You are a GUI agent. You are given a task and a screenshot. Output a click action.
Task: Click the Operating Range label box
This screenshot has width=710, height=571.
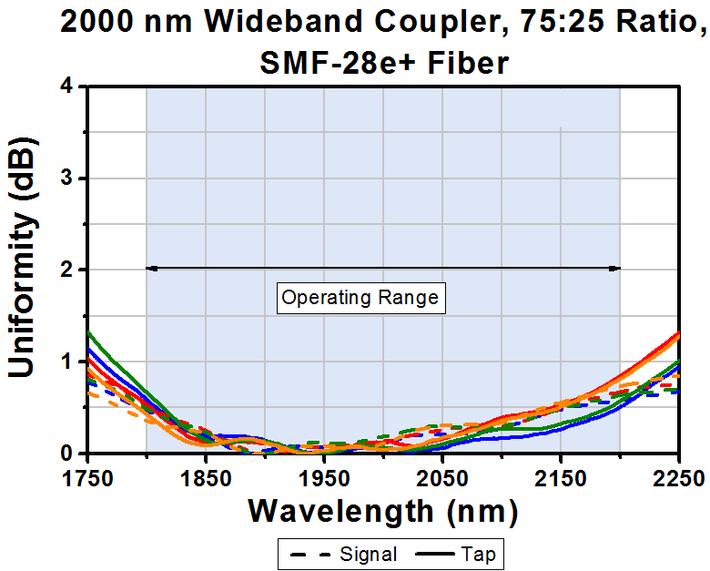pos(360,298)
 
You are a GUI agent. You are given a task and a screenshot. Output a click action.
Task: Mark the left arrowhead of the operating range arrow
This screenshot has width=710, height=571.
pos(151,268)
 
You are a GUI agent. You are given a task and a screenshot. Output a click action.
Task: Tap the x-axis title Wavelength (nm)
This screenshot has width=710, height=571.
pos(383,511)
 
